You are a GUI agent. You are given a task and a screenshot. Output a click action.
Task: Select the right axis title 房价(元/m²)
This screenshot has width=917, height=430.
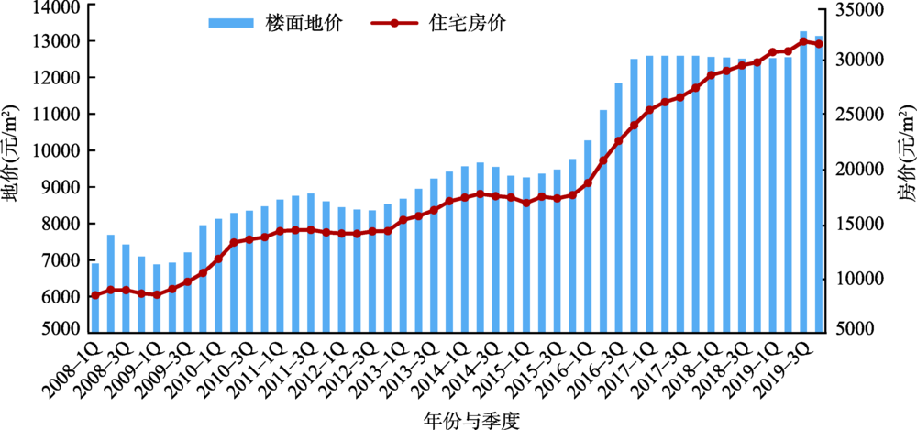(x=904, y=170)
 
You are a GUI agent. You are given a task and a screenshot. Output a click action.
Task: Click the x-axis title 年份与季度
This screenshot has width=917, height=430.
(x=459, y=418)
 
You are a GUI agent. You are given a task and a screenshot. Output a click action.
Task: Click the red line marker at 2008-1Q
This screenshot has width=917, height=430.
(x=95, y=295)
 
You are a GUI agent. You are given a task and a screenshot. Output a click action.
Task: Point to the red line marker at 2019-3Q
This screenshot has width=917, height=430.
(x=804, y=41)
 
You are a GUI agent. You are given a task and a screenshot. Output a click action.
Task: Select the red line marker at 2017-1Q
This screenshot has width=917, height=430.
(x=650, y=110)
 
